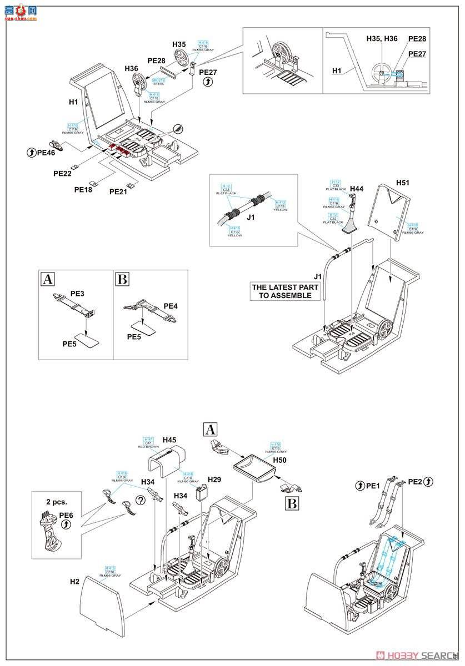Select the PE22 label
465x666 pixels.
(62, 173)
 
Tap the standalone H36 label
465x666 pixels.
(131, 68)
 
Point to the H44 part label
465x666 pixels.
(357, 189)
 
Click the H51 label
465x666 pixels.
(402, 182)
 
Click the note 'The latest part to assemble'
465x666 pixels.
(285, 291)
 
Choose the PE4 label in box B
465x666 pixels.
(171, 306)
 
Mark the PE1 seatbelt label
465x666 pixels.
(373, 486)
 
